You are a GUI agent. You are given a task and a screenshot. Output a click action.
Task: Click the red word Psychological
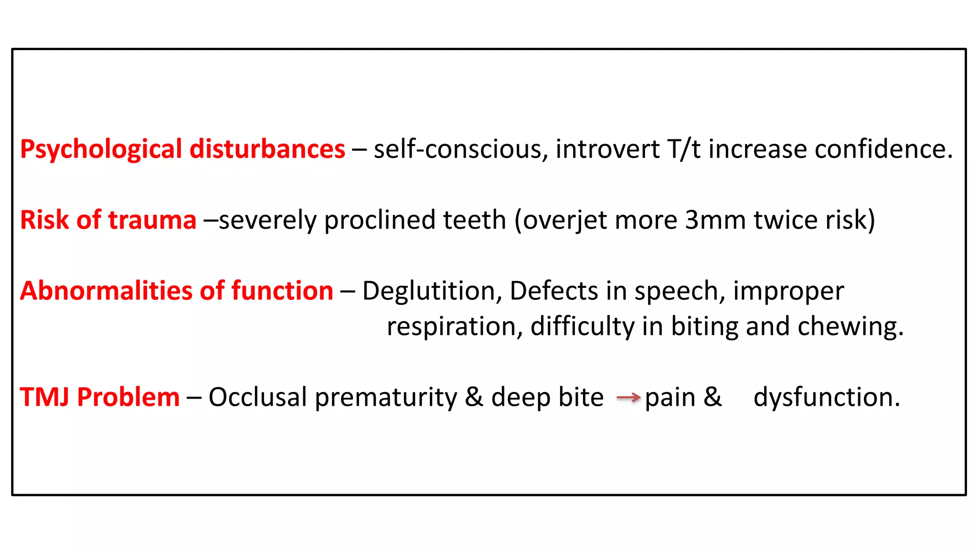tap(101, 150)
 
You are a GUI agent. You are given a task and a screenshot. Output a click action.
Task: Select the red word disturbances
tap(267, 149)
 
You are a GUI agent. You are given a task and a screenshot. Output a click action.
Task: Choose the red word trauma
tap(152, 220)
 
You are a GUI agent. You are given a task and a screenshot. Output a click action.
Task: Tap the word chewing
tap(850, 327)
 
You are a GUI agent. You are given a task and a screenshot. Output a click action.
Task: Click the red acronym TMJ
tap(44, 397)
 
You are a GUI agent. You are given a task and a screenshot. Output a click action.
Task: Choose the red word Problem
tap(128, 397)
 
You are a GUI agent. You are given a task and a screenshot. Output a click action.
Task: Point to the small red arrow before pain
tap(628, 397)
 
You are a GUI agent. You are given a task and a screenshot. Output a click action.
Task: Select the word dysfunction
tap(827, 397)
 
